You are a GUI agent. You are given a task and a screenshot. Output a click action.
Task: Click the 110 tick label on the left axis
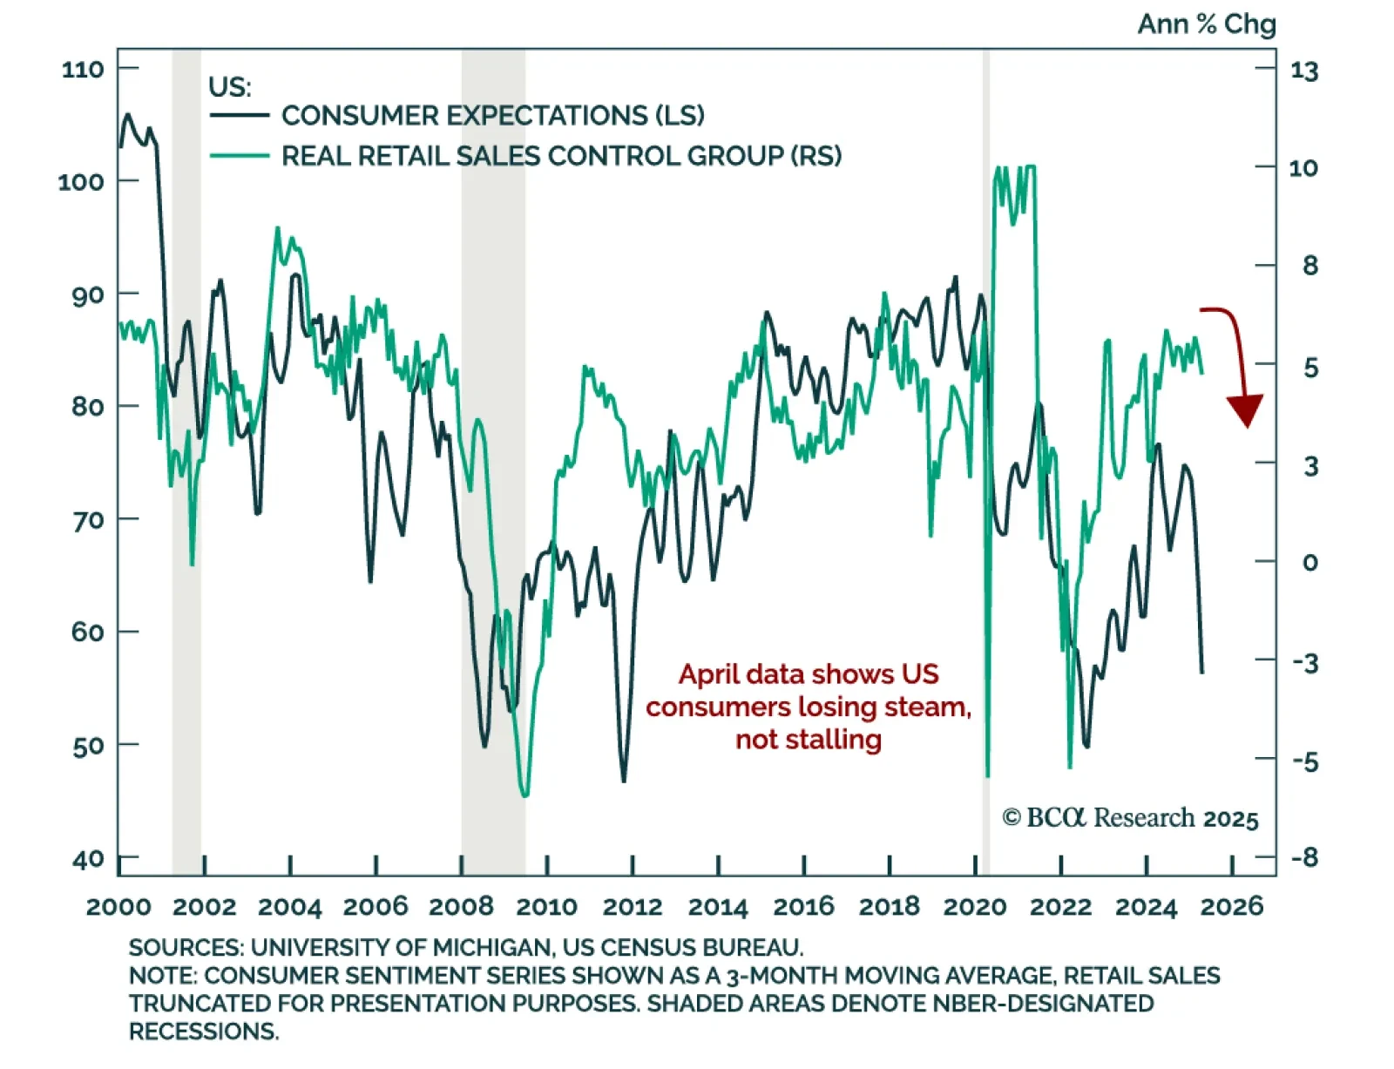click(82, 69)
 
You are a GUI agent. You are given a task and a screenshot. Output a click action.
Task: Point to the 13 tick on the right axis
click(1303, 71)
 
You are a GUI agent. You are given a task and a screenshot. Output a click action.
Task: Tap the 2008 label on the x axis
click(461, 907)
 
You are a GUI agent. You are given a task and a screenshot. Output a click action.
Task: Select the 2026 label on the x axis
click(1231, 907)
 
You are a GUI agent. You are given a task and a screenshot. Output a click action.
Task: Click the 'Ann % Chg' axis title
click(1206, 24)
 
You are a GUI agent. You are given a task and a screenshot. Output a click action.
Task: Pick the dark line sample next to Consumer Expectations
click(240, 115)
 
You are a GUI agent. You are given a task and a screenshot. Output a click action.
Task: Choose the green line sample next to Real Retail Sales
click(240, 156)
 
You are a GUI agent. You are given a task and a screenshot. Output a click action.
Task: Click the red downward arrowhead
click(1246, 410)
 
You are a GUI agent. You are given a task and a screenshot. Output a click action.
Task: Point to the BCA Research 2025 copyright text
click(1130, 818)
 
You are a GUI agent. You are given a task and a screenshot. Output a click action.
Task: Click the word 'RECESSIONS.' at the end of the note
click(204, 1032)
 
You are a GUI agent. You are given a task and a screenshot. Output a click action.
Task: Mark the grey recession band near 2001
click(186, 436)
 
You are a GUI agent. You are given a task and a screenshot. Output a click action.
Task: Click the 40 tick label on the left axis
click(88, 859)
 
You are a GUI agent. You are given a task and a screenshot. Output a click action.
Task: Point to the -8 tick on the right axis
click(1304, 858)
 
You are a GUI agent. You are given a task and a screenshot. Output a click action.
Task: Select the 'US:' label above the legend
click(229, 87)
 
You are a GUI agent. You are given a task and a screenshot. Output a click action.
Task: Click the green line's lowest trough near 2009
click(524, 795)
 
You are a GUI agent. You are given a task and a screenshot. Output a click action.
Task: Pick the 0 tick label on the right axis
click(1309, 563)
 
